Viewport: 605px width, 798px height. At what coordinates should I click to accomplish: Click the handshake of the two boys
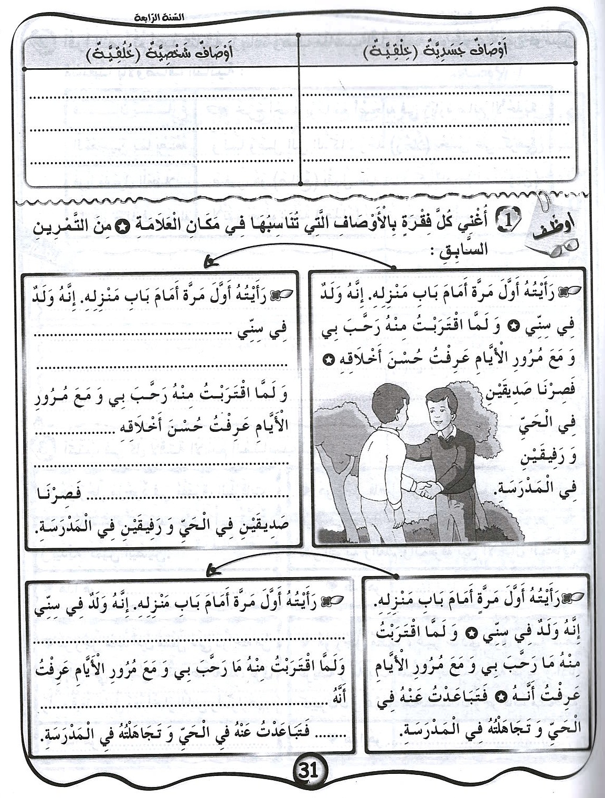tap(429, 491)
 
